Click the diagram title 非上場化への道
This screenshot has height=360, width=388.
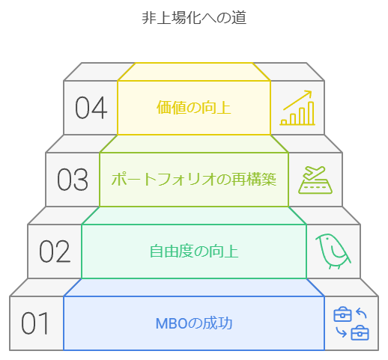pos(194,17)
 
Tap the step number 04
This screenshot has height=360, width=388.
pos(91,108)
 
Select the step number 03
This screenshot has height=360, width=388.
pos(73,180)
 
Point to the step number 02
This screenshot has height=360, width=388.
pos(55,251)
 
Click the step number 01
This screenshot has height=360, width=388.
pos(35,323)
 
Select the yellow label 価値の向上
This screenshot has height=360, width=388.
pos(194,108)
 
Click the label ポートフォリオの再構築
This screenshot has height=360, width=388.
pos(194,179)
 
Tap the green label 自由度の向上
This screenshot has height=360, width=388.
pos(194,251)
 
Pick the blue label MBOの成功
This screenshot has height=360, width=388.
pos(194,323)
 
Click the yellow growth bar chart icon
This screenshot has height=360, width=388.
pos(297,108)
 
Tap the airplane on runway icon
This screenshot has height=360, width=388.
pos(315,180)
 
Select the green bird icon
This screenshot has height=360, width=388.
pos(333,251)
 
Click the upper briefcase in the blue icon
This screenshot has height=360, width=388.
pos(342,314)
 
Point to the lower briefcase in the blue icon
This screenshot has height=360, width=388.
pos(360,333)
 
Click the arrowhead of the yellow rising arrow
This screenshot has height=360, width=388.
pos(309,94)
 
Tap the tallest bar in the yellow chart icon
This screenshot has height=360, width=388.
pos(311,113)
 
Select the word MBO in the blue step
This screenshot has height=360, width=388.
pos(172,323)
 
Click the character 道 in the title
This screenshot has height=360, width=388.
pos(239,17)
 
